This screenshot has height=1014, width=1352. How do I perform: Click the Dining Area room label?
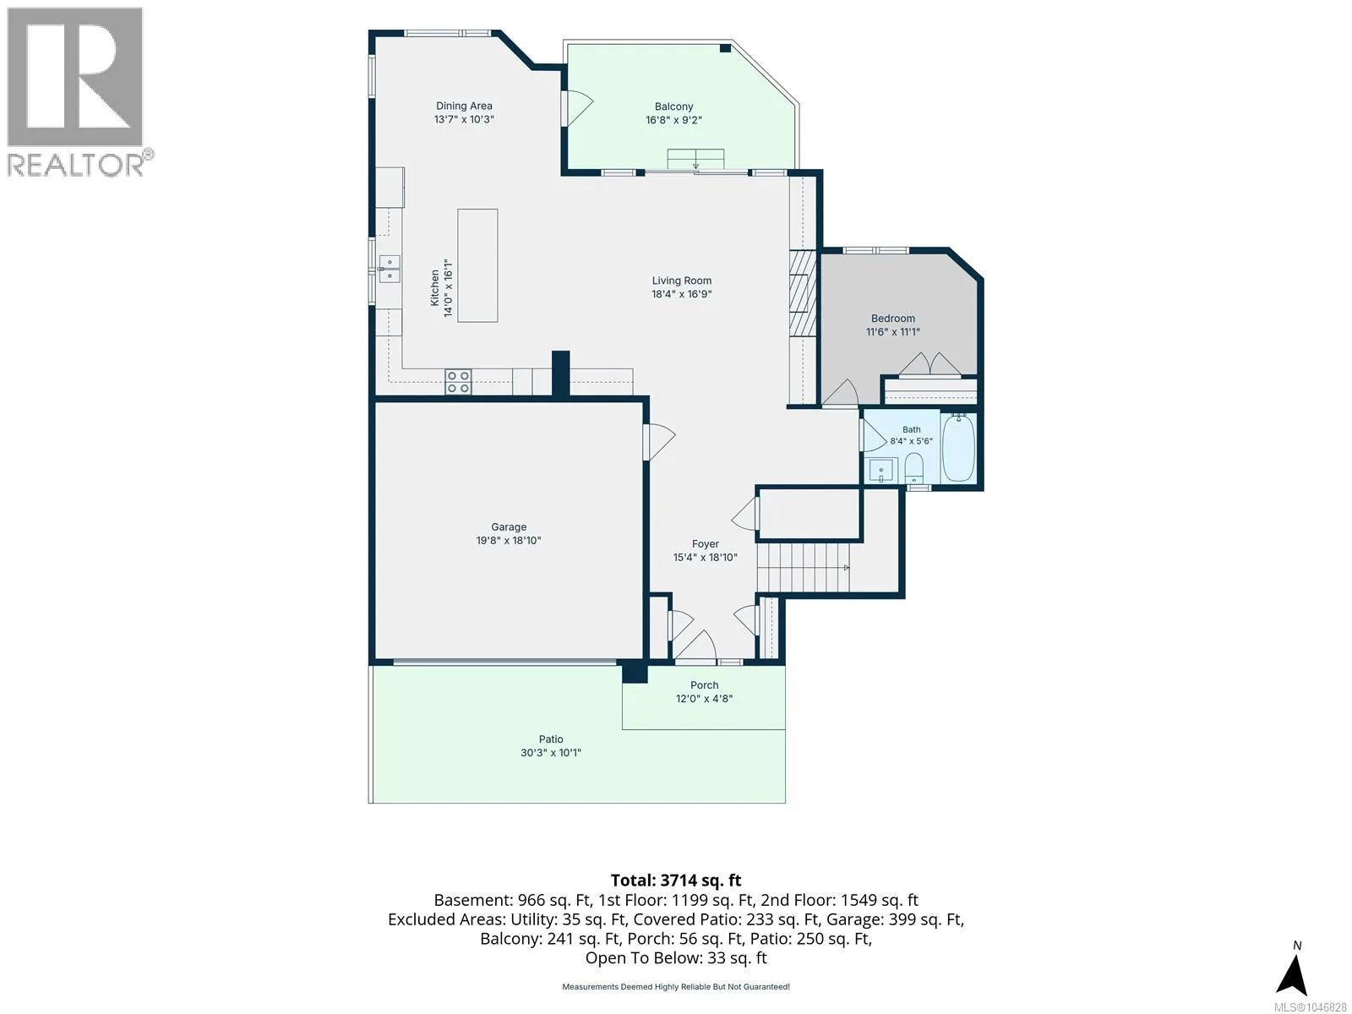point(464,106)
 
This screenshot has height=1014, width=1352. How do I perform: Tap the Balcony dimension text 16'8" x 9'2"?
point(673,120)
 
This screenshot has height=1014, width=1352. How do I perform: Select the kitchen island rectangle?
point(477,265)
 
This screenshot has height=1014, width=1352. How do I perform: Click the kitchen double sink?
point(390,269)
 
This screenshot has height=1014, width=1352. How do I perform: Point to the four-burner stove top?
point(458,381)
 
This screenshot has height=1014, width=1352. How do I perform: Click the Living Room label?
point(682,281)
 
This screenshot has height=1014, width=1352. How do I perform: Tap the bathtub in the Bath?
point(958,448)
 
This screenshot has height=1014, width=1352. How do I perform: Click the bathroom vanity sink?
point(881,471)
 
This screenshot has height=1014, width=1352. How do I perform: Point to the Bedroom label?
point(892,319)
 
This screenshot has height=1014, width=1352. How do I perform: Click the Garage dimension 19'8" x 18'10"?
point(508,541)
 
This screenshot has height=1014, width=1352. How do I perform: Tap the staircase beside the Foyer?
point(804,567)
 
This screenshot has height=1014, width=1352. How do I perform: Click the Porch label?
point(704,685)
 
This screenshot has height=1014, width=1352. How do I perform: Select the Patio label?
point(551,739)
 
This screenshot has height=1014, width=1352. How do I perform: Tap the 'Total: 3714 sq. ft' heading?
point(676,880)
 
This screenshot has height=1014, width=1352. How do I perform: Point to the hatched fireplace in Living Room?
point(803,292)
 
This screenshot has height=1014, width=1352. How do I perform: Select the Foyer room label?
point(705,544)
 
